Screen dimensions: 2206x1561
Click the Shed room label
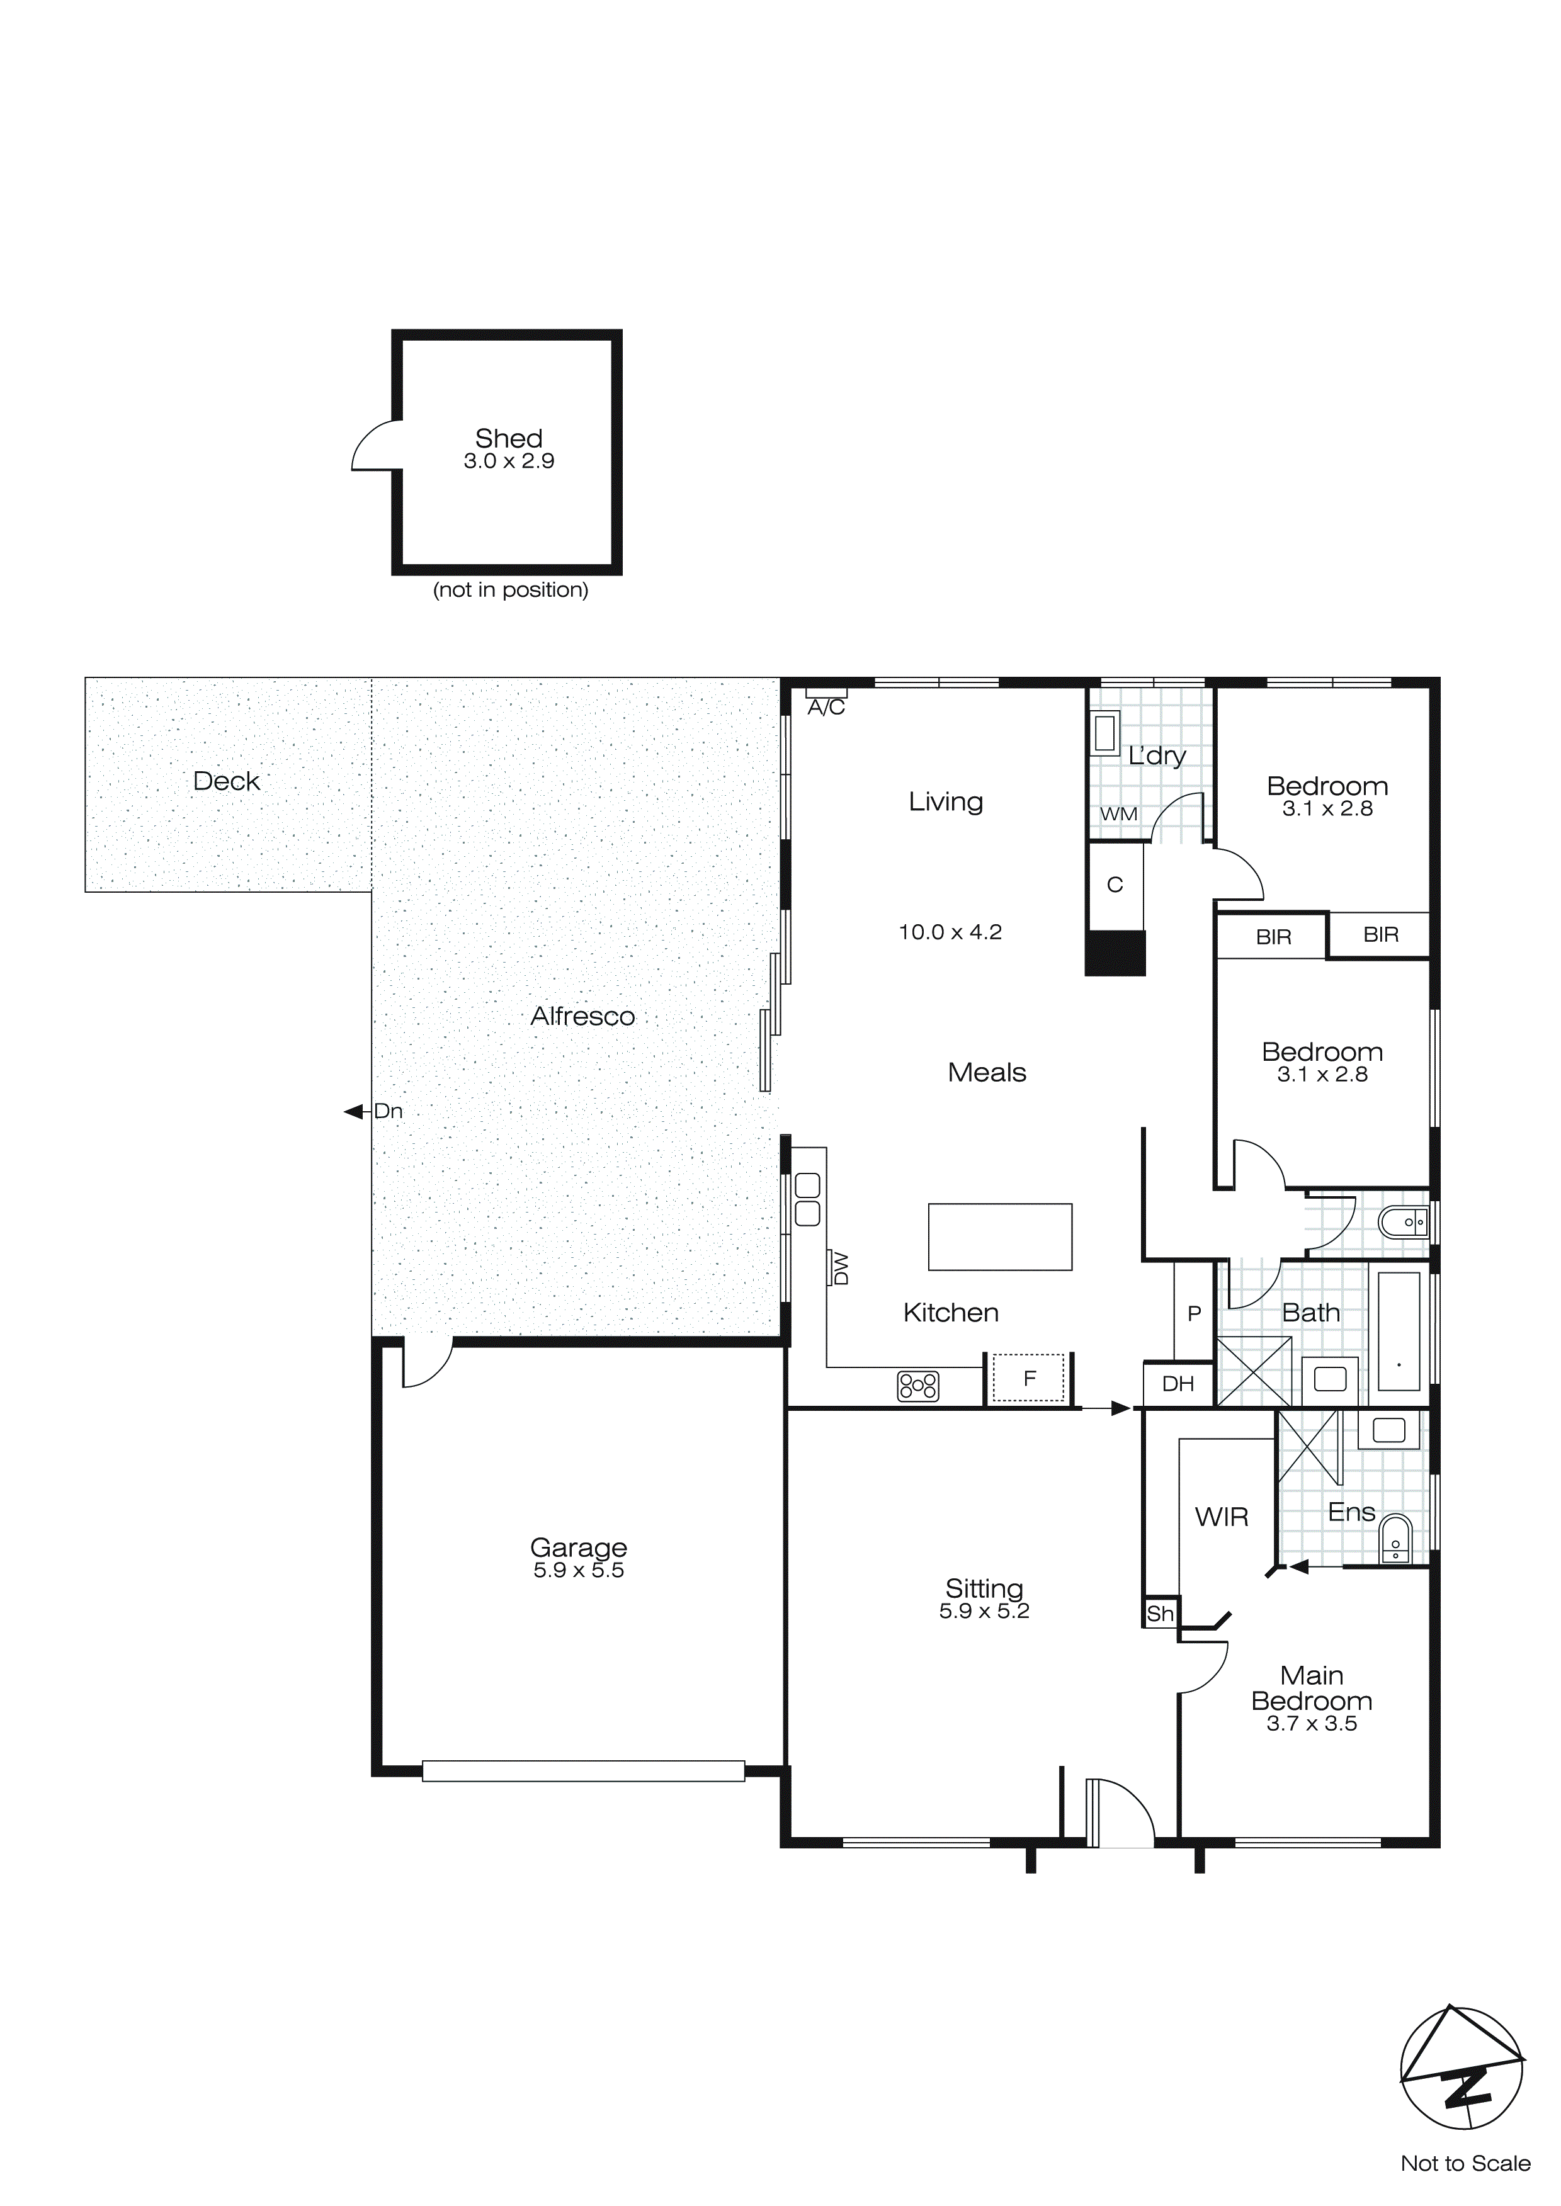(x=509, y=439)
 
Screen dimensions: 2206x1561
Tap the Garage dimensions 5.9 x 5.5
(x=579, y=1571)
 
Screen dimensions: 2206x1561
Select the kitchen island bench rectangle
(x=1000, y=1238)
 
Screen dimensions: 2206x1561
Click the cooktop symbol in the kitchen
(x=918, y=1386)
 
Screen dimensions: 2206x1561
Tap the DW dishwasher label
(x=841, y=1268)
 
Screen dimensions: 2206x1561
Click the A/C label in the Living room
(x=826, y=708)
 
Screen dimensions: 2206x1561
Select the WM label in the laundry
(x=1118, y=814)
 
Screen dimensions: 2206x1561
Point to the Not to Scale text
(x=1465, y=2164)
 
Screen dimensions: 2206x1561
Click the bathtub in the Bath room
(x=1399, y=1331)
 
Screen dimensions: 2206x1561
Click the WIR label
(x=1222, y=1517)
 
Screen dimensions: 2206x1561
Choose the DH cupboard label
(x=1178, y=1384)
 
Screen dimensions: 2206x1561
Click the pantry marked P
(x=1194, y=1313)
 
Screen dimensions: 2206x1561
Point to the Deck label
(x=227, y=781)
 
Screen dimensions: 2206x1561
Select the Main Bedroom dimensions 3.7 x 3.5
(x=1311, y=1724)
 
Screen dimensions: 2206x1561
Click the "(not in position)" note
(x=511, y=590)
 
